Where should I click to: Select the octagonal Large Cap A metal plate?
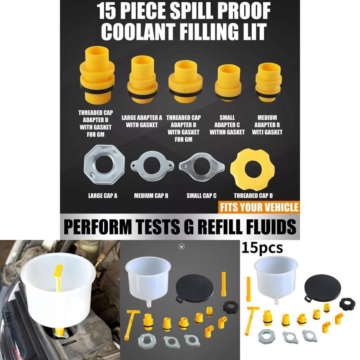pyautogui.click(x=104, y=165)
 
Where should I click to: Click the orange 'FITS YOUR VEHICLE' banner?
pyautogui.click(x=259, y=207)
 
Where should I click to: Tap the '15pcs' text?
pyautogui.click(x=262, y=248)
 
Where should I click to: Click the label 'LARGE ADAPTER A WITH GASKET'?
pyautogui.click(x=142, y=121)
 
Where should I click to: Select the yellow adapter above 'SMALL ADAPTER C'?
pyautogui.click(x=228, y=83)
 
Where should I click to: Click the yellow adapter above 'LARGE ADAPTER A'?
pyautogui.click(x=142, y=79)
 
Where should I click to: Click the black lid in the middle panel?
pyautogui.click(x=194, y=288)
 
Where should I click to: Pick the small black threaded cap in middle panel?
pyautogui.click(x=230, y=308)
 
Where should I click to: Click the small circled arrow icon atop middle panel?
pyautogui.click(x=181, y=247)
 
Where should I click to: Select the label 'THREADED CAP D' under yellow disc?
pyautogui.click(x=253, y=196)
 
